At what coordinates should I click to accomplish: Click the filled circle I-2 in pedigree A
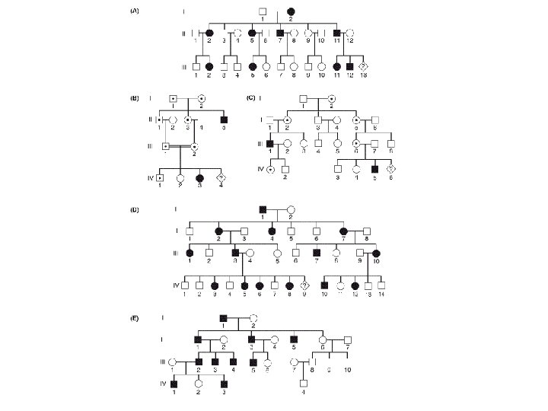292,11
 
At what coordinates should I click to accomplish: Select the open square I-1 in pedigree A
262,11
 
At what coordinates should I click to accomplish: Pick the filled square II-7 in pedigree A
280,34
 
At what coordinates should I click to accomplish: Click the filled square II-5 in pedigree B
223,120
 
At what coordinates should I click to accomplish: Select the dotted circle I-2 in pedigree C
331,98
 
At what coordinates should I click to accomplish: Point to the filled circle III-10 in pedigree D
374,253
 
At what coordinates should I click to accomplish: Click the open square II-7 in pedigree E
347,339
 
